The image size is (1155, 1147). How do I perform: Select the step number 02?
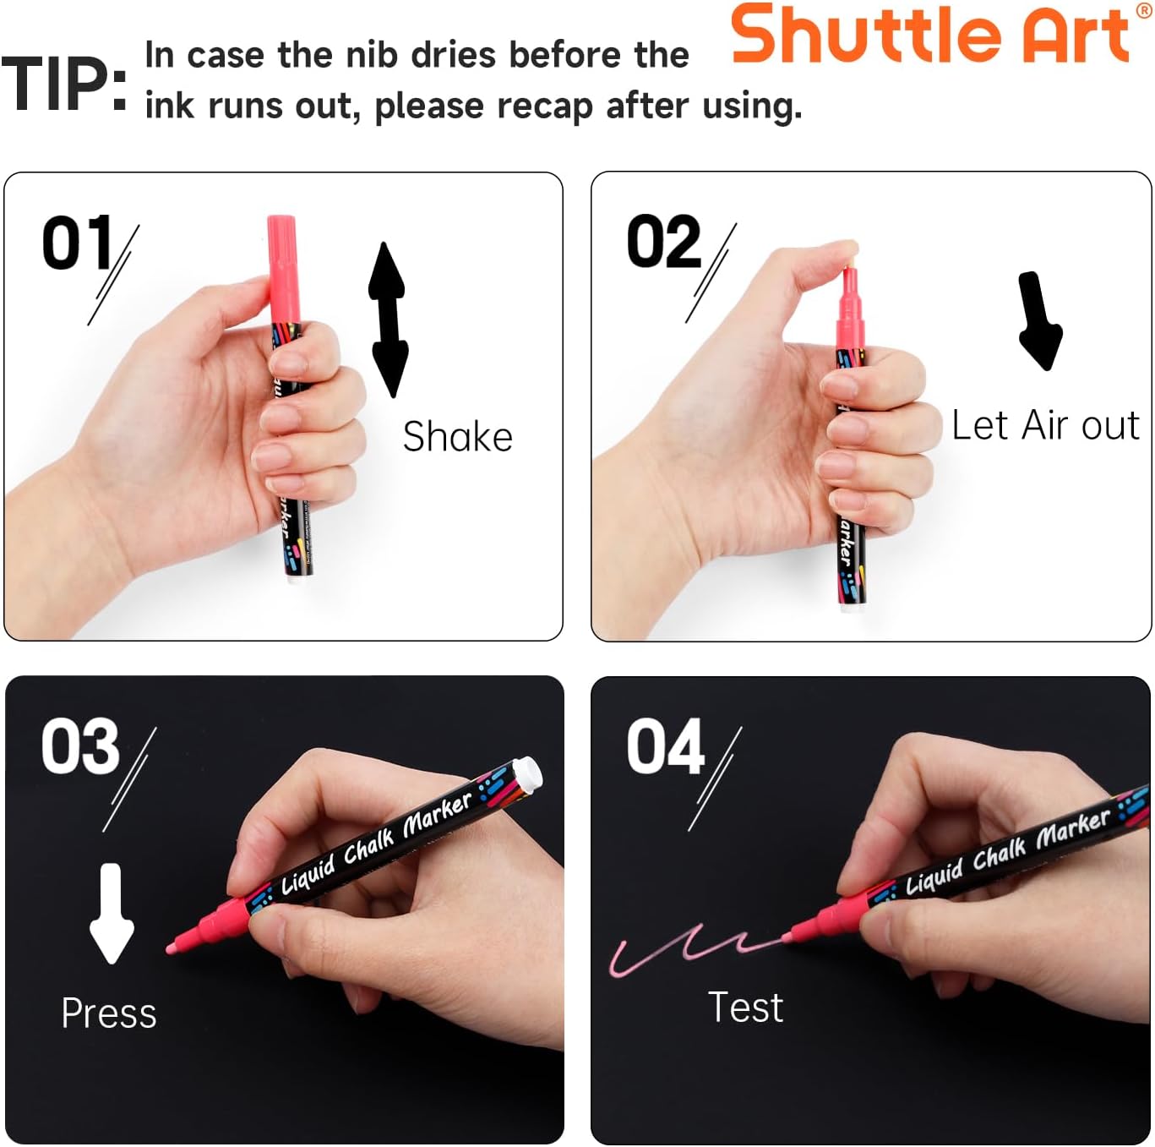664,243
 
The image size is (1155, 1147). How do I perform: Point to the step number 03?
81,746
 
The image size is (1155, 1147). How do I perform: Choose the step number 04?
666,746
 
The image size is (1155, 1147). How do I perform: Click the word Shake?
457,437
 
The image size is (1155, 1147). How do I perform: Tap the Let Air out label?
1045,425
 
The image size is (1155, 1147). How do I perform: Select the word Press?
109,1013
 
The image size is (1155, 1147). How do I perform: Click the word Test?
745,1008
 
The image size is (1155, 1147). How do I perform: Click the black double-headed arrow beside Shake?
388,319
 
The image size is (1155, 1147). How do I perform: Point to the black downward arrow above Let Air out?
1038,320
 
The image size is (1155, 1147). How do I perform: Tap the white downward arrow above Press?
111,913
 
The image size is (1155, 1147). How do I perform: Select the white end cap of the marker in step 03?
526,774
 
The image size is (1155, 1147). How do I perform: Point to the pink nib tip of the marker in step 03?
172,948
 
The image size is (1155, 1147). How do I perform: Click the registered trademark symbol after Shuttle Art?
1144,10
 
